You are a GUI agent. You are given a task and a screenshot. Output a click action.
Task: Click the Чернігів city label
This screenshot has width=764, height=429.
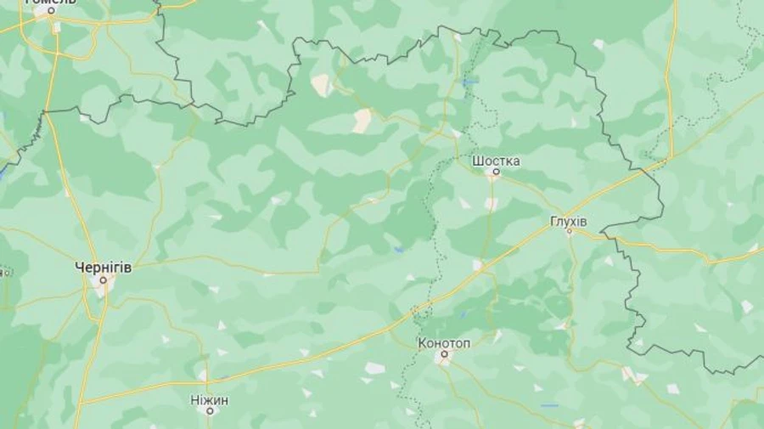[104, 267]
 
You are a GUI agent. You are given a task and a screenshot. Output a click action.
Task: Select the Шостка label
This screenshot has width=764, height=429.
[496, 161]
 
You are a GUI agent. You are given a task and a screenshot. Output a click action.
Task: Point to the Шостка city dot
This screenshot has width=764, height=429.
[496, 172]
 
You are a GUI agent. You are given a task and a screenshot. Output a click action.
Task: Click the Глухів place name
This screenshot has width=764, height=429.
[569, 220]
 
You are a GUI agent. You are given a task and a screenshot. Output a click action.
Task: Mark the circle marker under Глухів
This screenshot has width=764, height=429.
[570, 230]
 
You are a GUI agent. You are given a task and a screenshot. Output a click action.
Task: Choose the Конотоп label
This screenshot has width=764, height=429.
[442, 343]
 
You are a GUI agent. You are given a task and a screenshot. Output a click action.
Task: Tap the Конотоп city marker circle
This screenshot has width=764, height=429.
[442, 355]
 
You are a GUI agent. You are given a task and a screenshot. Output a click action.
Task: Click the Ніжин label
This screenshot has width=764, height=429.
[209, 400]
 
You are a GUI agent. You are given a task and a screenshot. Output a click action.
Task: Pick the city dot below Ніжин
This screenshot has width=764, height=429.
[209, 411]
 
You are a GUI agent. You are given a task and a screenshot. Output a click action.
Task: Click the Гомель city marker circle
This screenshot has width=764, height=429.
[50, 12]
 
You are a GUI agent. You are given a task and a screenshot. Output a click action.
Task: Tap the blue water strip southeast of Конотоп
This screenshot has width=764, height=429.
[549, 405]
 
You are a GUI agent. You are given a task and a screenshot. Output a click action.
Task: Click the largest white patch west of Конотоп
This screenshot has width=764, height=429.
[374, 368]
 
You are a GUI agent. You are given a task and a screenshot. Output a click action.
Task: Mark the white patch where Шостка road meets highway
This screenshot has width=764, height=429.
[478, 265]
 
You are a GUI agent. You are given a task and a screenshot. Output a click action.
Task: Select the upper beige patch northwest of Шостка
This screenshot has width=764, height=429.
[322, 84]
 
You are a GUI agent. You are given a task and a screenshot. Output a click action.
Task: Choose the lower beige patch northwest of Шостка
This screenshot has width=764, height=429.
[362, 121]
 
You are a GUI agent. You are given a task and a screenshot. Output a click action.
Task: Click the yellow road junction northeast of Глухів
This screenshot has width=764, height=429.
[670, 158]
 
